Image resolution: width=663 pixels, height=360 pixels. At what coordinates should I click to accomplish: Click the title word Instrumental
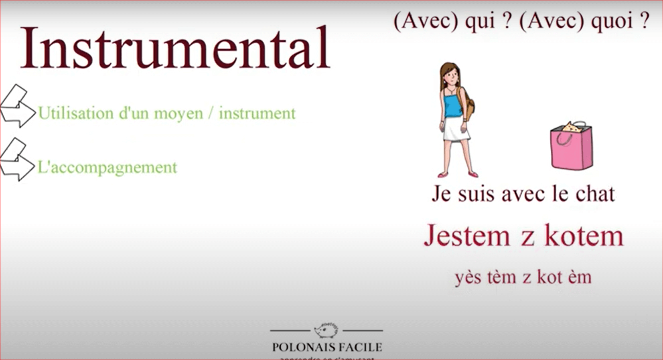point(175,48)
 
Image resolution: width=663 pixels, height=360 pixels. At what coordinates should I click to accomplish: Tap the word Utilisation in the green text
point(76,113)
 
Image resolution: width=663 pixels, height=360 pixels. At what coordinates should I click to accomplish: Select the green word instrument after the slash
point(257,113)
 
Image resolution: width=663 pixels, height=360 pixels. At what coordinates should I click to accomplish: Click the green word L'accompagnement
point(107,167)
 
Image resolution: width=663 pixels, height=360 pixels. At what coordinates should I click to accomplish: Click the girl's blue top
point(452,105)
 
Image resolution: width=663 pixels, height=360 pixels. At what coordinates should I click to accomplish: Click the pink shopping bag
point(572,148)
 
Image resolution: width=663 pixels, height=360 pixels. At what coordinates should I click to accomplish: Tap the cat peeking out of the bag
point(570,128)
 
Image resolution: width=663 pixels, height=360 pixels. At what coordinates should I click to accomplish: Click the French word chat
point(595,194)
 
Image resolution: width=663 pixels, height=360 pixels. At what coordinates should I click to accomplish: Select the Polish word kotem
point(584,236)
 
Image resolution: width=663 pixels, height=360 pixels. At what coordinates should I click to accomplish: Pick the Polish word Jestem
point(467,236)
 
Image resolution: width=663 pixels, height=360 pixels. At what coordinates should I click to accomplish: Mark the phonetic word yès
point(468,277)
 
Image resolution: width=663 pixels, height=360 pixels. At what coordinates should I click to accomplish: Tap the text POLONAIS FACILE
point(327,347)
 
